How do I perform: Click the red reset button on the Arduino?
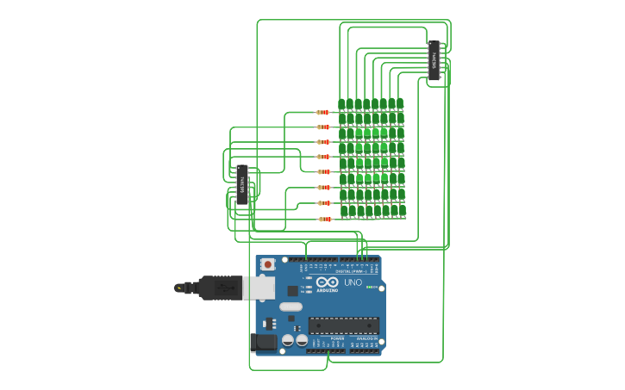tap(268, 264)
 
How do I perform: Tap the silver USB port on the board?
tap(258, 288)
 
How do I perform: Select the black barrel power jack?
tap(263, 343)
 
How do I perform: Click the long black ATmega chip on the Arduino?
tap(343, 325)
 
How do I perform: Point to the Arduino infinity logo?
tap(327, 282)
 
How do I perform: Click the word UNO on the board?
tap(353, 282)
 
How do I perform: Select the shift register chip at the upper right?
tap(434, 61)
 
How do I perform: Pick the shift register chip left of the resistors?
tap(242, 184)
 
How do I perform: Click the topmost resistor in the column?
tap(323, 112)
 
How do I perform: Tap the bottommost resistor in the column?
tap(325, 219)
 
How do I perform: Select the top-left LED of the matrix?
tap(341, 105)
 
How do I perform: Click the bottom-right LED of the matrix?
tap(403, 210)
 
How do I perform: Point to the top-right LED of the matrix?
tap(400, 103)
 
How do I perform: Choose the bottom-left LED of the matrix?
tap(344, 211)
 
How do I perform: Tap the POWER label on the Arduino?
tap(337, 339)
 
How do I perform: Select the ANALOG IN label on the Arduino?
tap(366, 339)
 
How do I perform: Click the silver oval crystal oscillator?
tap(291, 306)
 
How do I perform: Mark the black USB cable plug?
tap(219, 288)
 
